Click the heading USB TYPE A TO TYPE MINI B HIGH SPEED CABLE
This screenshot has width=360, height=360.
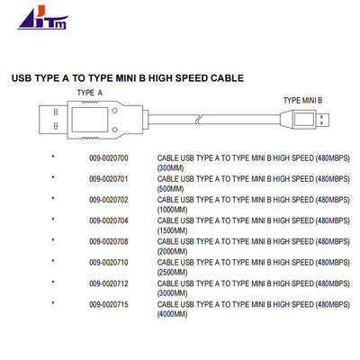127,77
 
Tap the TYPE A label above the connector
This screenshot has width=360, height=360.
90,93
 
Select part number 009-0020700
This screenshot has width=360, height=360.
109,157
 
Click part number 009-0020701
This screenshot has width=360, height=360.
109,178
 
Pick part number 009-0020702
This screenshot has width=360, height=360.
109,199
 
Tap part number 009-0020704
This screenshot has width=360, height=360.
109,220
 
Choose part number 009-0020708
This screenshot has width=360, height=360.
109,241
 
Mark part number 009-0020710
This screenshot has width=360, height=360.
109,263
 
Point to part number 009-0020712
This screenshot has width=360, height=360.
109,283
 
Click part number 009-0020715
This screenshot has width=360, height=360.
109,305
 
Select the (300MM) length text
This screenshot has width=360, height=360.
170,167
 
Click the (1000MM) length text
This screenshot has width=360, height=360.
172,210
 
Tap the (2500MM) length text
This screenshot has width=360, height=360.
172,273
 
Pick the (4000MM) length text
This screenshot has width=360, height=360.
172,315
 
